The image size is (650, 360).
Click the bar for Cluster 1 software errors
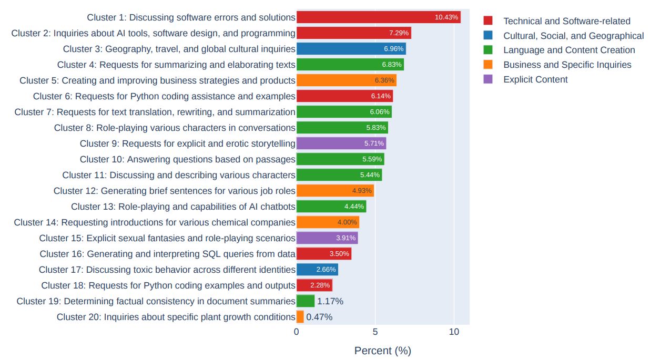tap(378, 17)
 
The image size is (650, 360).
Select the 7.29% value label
tap(399, 33)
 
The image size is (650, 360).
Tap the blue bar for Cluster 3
tap(351, 49)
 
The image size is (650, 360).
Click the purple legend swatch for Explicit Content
tap(488, 79)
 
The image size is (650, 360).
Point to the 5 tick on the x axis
tap(375, 332)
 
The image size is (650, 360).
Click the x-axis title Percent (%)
tap(382, 351)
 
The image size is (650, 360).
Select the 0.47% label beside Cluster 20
tap(319, 317)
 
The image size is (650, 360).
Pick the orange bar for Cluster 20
tap(300, 317)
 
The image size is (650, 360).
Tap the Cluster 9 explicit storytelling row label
tap(187, 143)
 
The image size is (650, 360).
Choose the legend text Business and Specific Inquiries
tap(567, 65)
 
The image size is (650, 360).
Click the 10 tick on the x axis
tap(454, 332)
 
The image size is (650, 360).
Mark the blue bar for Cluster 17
tap(317, 270)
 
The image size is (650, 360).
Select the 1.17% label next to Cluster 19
tap(330, 301)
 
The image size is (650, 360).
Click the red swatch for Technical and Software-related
tap(488, 20)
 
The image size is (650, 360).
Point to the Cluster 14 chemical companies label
tap(155, 222)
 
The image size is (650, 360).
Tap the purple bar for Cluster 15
tap(327, 238)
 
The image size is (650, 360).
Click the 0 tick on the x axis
tap(297, 332)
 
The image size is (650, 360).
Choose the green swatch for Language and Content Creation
tap(488, 50)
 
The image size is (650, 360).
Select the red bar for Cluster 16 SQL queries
tap(323, 254)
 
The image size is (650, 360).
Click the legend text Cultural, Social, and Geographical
tap(573, 36)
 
